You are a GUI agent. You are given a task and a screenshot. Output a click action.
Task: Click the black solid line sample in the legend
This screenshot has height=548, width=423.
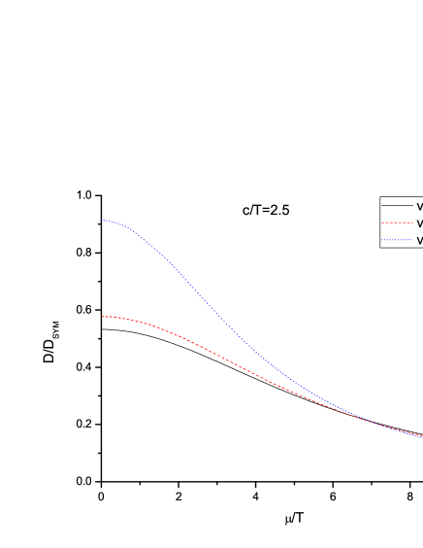coord(397,206)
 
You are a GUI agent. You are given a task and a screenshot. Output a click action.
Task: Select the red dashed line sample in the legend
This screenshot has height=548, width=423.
coord(397,223)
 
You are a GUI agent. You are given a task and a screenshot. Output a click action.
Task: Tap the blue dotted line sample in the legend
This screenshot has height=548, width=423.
coord(397,239)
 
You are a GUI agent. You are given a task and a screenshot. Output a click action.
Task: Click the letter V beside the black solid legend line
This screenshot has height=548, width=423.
coord(419,206)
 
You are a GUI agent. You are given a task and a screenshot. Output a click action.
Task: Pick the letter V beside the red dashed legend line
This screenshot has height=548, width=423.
coord(419,223)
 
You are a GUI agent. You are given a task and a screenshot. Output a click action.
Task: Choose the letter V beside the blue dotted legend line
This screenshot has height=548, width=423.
coord(419,239)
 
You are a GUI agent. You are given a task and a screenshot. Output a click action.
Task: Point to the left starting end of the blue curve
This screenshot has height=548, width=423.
coord(102,220)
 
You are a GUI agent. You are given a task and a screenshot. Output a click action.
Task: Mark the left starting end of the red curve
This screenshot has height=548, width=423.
coord(102,316)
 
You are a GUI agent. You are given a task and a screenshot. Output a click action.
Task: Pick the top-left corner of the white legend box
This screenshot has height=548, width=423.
coord(380,197)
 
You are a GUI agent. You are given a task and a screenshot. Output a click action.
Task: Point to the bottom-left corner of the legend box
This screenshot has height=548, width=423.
coord(380,247)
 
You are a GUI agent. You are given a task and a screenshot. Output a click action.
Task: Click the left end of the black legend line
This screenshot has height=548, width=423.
coord(382,206)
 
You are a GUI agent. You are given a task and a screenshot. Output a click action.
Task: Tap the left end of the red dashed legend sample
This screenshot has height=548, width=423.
coord(382,223)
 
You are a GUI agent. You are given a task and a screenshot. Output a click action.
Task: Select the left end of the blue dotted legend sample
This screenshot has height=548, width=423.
coord(382,239)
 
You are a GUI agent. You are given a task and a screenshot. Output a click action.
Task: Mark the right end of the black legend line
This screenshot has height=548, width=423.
coord(412,206)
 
